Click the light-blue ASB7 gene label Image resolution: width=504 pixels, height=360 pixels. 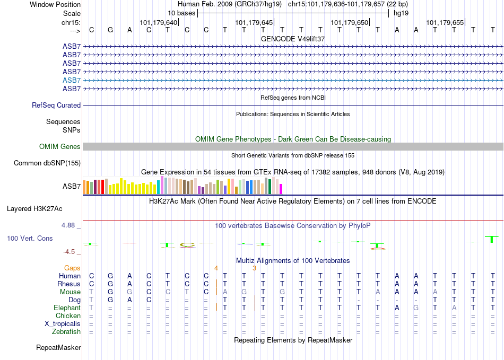72,80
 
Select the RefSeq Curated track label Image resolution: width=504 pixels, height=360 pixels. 56,106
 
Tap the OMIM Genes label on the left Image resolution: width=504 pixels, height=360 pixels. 60,147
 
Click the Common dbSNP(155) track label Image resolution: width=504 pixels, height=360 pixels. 47,163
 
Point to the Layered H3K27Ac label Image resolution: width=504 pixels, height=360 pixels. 34,209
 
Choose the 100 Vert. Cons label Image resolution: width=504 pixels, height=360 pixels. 30,238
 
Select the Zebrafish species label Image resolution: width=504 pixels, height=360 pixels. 66,332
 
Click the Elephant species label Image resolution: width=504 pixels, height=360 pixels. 67,308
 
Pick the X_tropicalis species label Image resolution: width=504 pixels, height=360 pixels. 63,324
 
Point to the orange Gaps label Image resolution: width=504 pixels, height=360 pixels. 72,268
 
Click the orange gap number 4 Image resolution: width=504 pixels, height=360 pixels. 216,268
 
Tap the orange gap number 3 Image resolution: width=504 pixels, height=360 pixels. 254,268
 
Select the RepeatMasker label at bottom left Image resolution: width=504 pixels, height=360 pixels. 58,347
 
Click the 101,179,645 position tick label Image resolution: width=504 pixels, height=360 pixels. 254,22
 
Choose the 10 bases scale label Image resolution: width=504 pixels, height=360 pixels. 181,13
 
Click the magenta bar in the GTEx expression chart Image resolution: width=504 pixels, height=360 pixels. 281,189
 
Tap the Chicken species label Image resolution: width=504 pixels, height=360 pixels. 68,316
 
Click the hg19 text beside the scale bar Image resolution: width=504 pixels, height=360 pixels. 401,13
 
